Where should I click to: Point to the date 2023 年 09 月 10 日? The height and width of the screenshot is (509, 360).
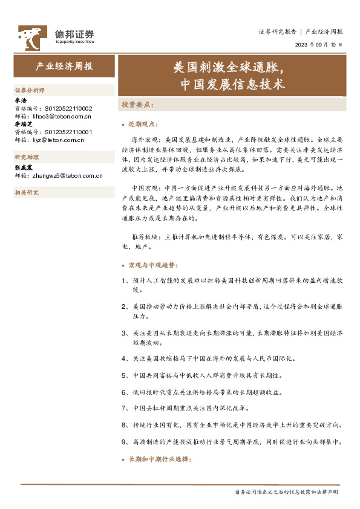318,45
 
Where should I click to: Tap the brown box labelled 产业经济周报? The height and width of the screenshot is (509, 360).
64,66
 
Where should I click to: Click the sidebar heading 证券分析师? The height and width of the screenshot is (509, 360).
29,89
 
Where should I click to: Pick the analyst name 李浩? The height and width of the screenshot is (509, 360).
20,100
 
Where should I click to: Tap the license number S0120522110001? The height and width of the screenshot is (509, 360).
65,131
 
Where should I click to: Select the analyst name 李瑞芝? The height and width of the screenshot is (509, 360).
23,123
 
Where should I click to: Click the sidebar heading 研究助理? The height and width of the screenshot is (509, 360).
26,157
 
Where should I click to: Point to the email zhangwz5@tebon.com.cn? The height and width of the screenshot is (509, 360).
65,176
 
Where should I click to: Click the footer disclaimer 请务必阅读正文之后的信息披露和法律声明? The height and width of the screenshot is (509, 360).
287,493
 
